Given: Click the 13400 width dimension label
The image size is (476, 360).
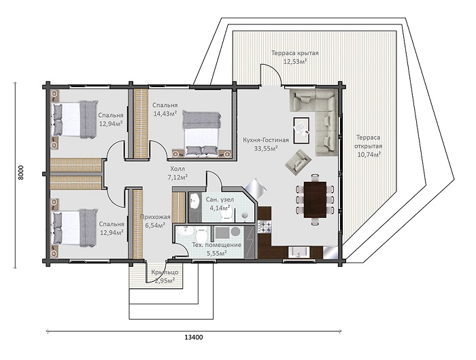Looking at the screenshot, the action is (193, 337).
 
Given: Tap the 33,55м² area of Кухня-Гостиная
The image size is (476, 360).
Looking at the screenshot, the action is (266, 148).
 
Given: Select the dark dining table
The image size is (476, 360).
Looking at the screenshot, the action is (315, 199).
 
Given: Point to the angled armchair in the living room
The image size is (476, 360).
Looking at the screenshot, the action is (298, 162).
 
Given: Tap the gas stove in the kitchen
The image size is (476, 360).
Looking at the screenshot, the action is (263, 227).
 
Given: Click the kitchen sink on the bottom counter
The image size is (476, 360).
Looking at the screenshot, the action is (299, 252).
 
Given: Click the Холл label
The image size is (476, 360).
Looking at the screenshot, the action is (177, 169).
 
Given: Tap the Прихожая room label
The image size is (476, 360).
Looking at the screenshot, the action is (155, 217).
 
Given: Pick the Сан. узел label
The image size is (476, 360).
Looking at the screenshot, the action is (220, 199).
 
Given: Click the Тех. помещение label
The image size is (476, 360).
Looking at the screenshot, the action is (217, 245).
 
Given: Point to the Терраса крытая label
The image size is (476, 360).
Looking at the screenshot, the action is (294, 53).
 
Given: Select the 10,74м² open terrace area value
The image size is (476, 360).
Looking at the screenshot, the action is (369, 154).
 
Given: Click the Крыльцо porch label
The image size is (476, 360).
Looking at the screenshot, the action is (165, 272).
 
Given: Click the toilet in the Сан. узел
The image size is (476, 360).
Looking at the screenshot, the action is (226, 214).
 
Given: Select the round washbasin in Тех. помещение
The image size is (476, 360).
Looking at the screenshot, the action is (185, 232).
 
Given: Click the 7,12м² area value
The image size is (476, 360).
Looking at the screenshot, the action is (177, 177).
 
